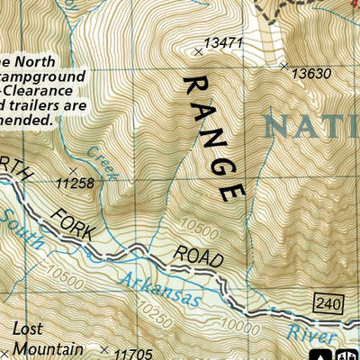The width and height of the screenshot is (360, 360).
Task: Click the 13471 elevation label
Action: click(224, 42)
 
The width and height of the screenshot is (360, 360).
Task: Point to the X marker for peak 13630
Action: click(283, 65)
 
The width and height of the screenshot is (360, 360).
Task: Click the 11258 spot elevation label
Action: click(75, 183)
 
